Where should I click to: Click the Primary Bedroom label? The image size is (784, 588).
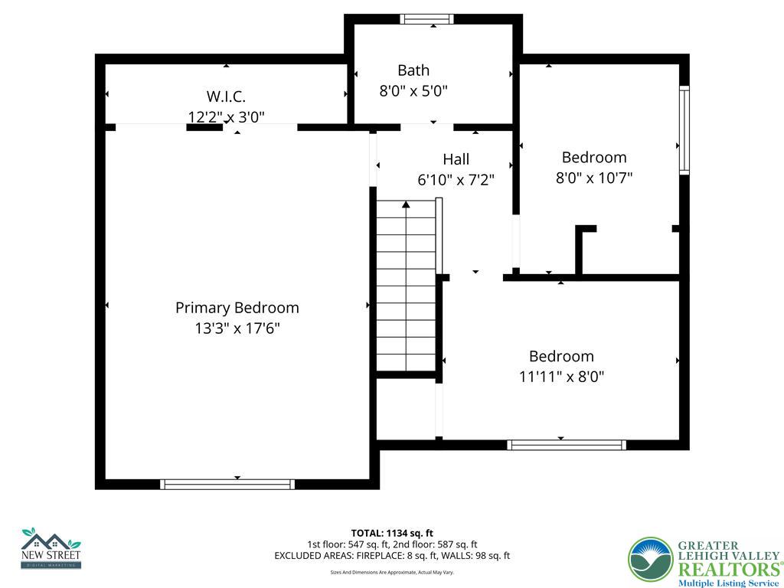237,308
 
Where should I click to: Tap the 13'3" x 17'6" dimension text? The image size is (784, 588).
237,328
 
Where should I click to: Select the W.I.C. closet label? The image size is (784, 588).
226,96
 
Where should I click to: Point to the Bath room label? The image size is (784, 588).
413,70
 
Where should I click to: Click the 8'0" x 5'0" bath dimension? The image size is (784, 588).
413,91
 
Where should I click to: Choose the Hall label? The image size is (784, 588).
456,159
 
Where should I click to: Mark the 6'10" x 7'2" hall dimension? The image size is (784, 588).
456,180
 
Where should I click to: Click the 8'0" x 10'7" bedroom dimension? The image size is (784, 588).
594,178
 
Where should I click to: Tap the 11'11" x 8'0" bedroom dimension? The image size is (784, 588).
562,377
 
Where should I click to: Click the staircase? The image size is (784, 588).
406,287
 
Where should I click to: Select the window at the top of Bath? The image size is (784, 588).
427,19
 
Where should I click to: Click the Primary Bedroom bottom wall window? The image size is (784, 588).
227,484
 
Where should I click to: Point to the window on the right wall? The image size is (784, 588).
684,130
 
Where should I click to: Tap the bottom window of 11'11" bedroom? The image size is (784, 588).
567,445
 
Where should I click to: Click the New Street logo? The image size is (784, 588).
51,548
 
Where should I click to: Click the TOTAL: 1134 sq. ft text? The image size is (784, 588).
392,533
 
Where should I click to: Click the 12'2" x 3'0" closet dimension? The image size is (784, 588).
226,117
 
